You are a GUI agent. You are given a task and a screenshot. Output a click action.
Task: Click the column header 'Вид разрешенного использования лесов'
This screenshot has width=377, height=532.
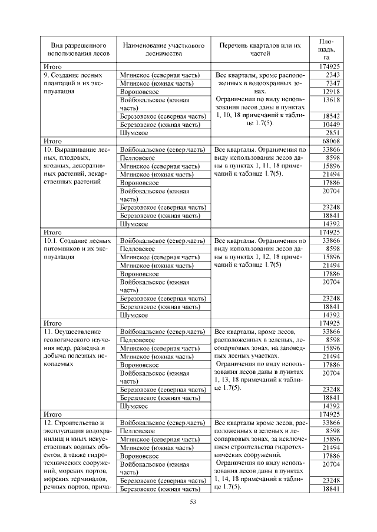74,49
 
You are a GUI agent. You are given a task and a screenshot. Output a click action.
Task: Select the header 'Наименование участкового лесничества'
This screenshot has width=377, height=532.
158,49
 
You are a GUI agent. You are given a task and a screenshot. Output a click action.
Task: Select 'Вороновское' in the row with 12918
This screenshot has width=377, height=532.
139,92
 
